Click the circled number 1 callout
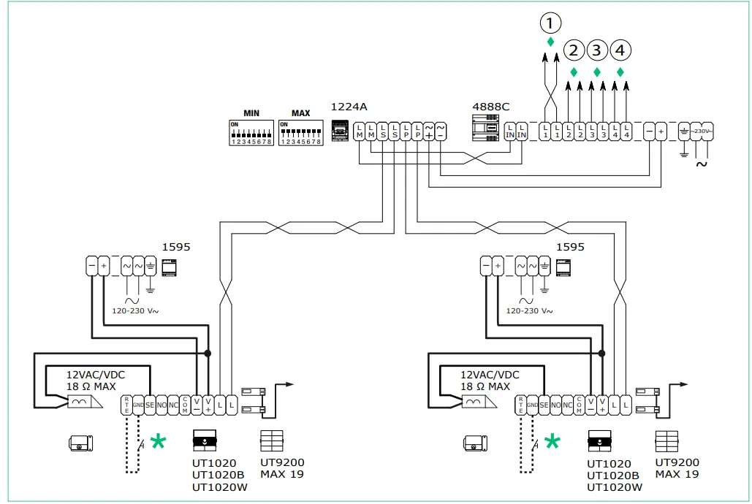pos(551,23)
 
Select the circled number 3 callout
pos(597,50)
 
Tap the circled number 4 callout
pos(620,50)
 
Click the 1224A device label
pos(348,107)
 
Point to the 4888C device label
pos(491,107)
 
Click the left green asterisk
pos(158,440)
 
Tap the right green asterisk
pos(552,440)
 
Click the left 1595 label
pos(177,247)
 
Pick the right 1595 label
pos(571,247)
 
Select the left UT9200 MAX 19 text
pos(282,468)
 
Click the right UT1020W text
pos(615,486)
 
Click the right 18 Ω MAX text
pos(485,386)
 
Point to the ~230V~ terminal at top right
pos(701,131)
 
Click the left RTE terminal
pos(126,405)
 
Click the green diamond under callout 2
pos(574,72)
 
